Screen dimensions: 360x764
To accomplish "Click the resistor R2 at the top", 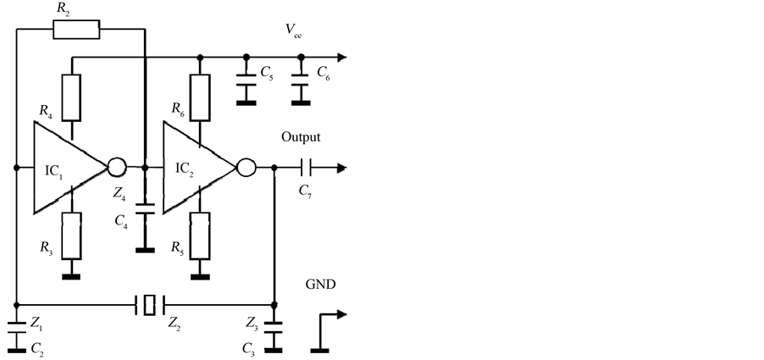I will pos(75,30).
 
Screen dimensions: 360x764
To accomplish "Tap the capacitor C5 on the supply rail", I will pos(246,84).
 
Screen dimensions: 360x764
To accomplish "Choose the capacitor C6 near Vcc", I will pos(298,84).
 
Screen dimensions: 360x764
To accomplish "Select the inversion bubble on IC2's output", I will pos(246,168).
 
